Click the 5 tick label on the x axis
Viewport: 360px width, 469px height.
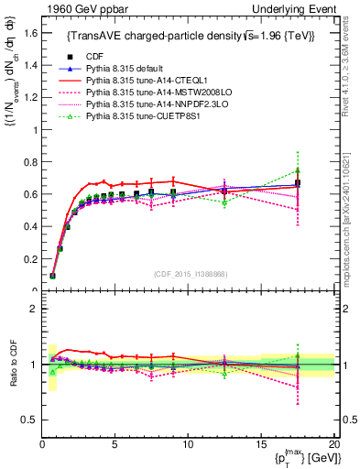pos(115,444)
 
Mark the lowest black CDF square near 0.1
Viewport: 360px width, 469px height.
pos(53,275)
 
